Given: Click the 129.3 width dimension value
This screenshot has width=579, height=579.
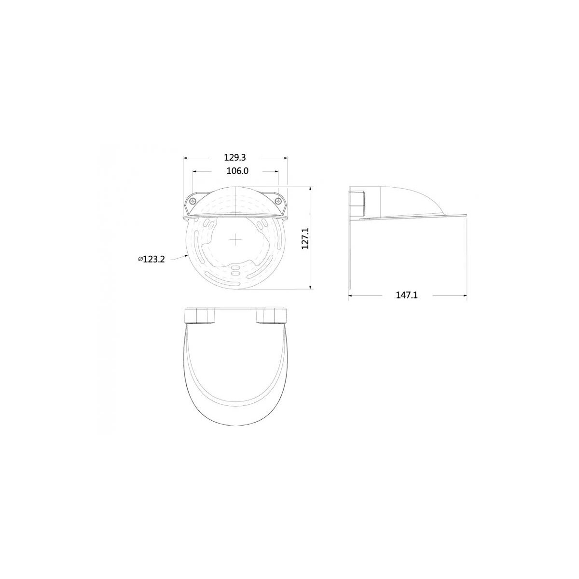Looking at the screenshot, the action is tap(235, 157).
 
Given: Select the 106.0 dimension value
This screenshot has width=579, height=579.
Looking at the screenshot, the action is tap(237, 171).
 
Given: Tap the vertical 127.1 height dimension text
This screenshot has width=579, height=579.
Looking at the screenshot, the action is tap(305, 238).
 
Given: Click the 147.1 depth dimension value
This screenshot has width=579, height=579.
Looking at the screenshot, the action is tap(407, 295).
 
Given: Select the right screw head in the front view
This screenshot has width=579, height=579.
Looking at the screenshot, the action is tap(279, 200).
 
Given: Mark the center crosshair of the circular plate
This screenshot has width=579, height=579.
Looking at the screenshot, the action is tap(235, 239).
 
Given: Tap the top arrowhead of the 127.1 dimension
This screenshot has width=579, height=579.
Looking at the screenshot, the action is tap(310, 189).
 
